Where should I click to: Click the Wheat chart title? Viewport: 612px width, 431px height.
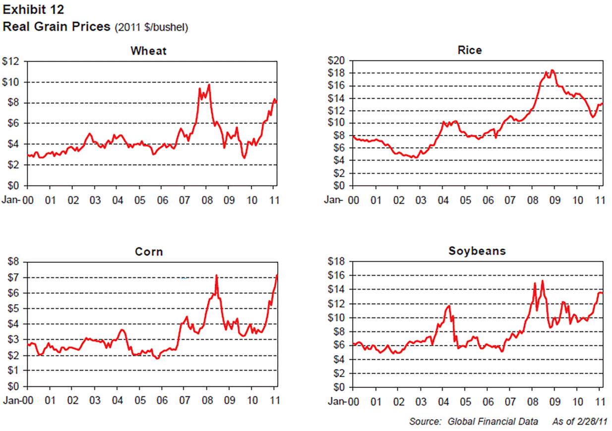(x=148, y=51)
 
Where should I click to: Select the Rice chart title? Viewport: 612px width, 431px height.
(x=470, y=50)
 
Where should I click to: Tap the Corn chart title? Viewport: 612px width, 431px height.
(x=149, y=252)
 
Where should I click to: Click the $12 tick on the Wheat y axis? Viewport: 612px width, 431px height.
(x=11, y=62)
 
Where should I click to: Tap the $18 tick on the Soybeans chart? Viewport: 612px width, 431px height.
(x=338, y=261)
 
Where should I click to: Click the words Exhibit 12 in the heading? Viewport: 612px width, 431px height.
(x=33, y=10)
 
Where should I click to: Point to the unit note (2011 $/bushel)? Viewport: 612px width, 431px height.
(x=151, y=28)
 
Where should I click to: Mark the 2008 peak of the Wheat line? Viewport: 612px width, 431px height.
(x=209, y=85)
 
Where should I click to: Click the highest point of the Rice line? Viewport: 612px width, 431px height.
(x=552, y=70)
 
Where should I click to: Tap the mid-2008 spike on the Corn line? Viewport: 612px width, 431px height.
(x=217, y=275)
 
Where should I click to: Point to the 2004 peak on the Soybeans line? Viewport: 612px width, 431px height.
(x=449, y=306)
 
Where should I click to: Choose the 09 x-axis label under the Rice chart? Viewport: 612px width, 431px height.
(x=555, y=200)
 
